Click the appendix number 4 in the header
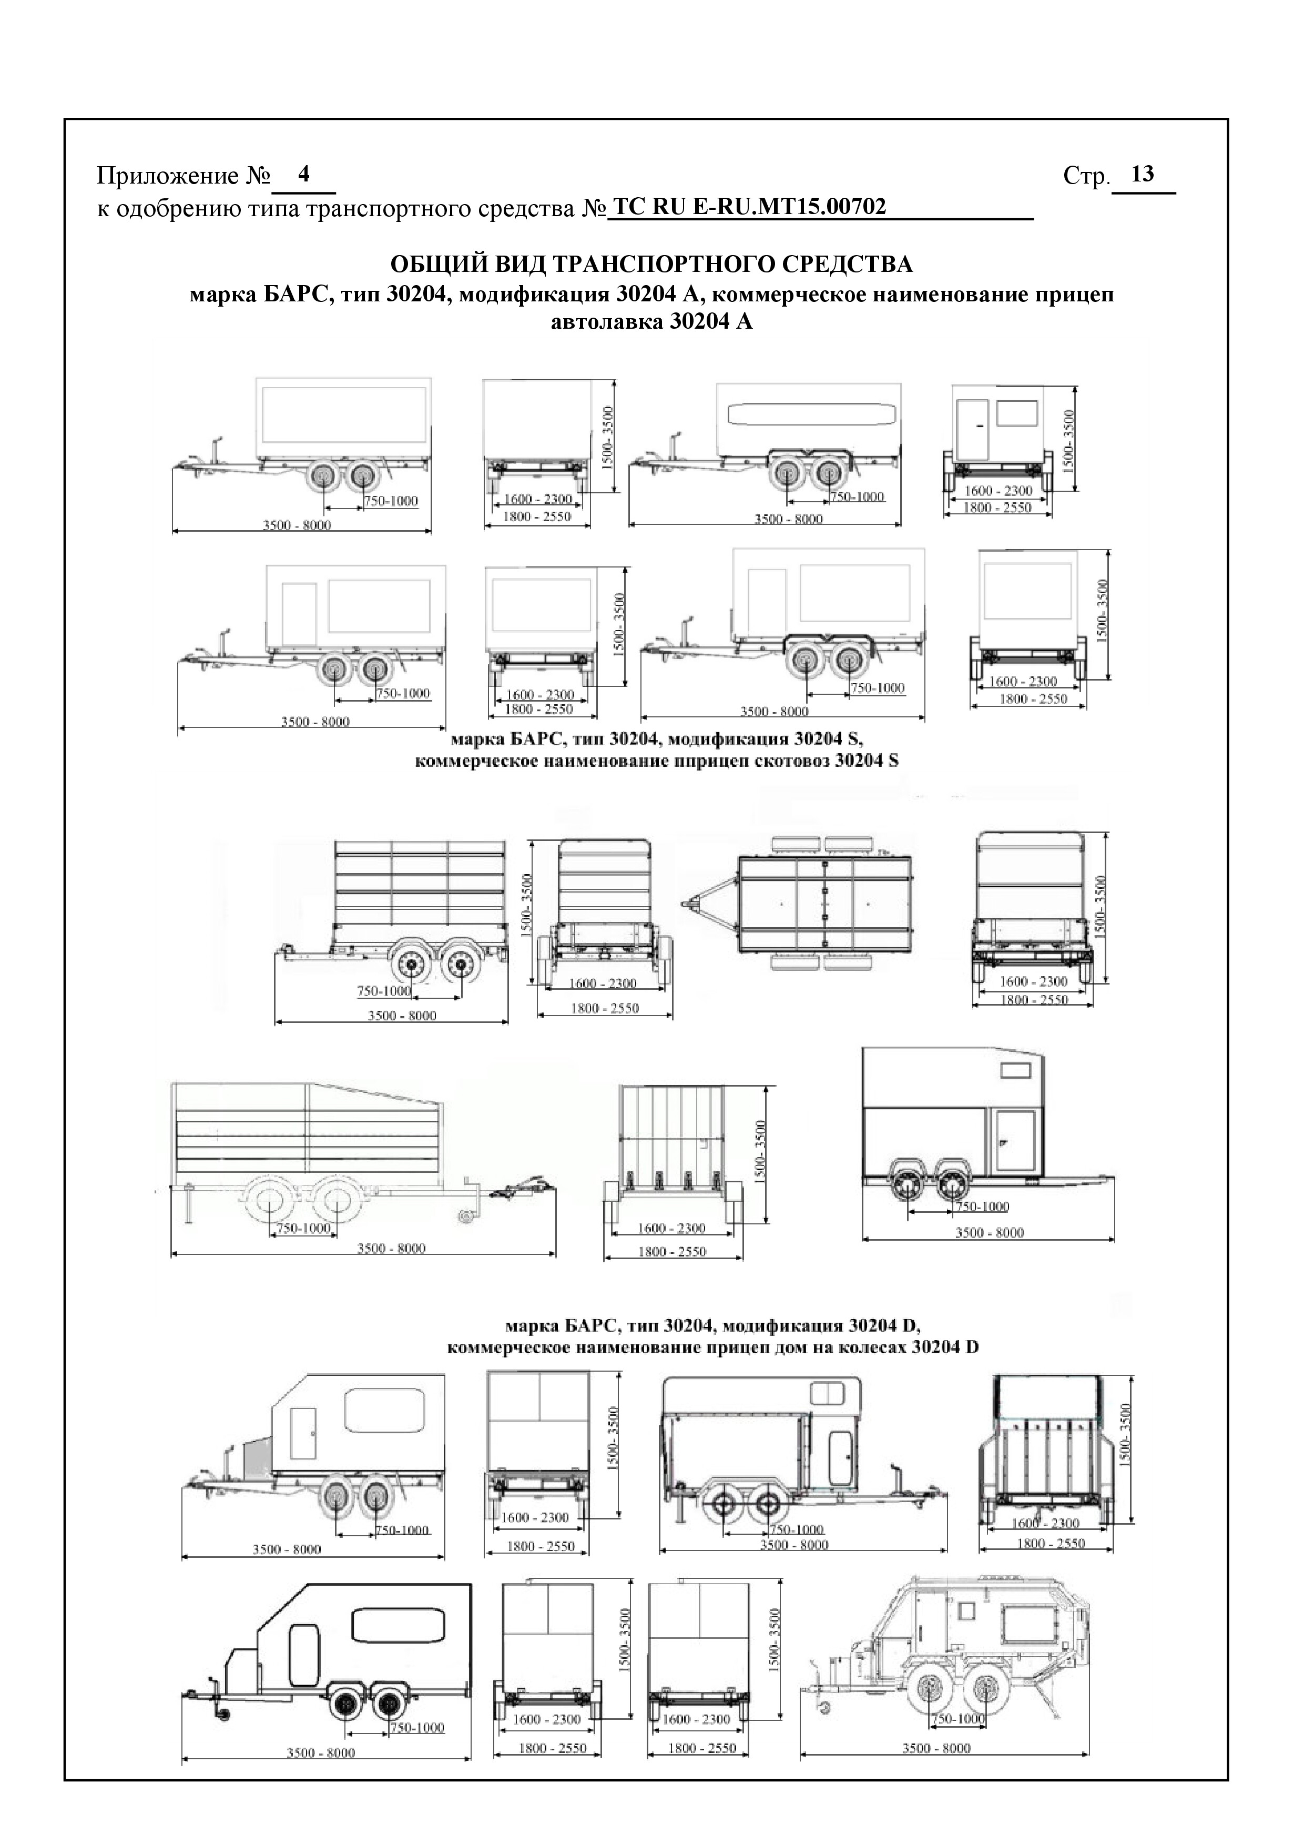point(304,174)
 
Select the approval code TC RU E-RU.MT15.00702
point(749,207)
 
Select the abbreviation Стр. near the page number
point(1085,176)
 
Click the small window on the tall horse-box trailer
point(1015,1070)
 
